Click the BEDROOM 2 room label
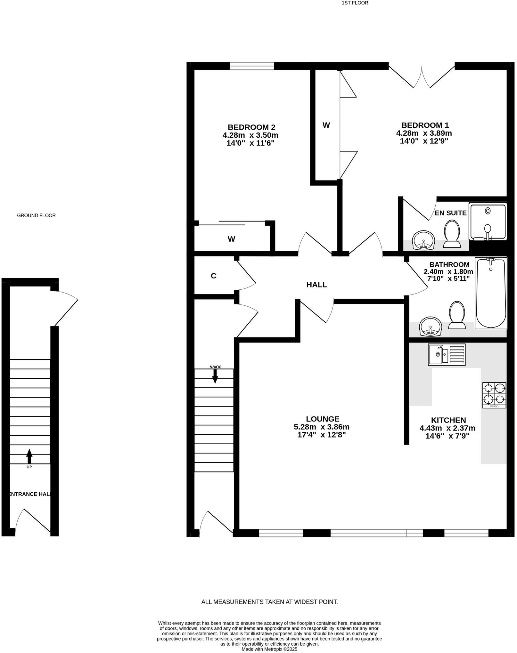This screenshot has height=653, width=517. (x=251, y=127)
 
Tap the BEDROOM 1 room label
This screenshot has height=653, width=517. (x=425, y=125)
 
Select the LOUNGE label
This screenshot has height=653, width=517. (x=322, y=419)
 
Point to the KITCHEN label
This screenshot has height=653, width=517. (x=448, y=420)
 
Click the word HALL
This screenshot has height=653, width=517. (x=316, y=285)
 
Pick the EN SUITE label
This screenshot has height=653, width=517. (x=450, y=213)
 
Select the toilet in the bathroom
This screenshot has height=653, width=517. (x=457, y=315)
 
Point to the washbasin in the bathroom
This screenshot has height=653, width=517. (x=430, y=326)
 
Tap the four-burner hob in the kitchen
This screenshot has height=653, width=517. (x=494, y=395)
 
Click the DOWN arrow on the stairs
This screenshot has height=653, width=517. (x=215, y=375)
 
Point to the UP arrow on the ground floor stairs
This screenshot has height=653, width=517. (x=29, y=456)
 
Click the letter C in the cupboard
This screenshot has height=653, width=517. (x=214, y=276)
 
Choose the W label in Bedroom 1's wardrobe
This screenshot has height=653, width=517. (x=326, y=125)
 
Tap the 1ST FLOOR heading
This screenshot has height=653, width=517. (x=355, y=3)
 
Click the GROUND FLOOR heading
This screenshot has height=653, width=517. (x=36, y=215)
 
